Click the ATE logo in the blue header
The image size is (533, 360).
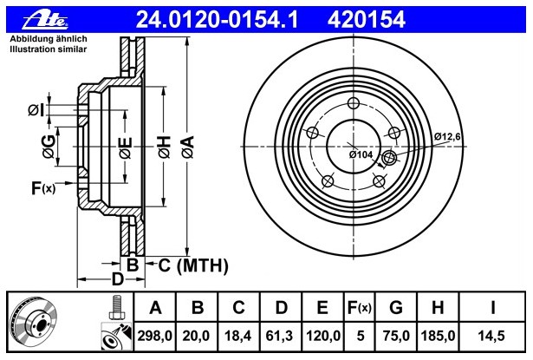pyautogui.click(x=45, y=20)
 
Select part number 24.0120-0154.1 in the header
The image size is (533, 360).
pyautogui.click(x=217, y=19)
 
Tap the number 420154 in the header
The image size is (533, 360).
pyautogui.click(x=367, y=19)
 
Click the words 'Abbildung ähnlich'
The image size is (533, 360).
pyautogui.click(x=49, y=39)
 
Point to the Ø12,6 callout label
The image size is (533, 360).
pyautogui.click(x=447, y=137)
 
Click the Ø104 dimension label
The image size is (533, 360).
pyautogui.click(x=361, y=154)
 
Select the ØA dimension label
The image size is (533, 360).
pyautogui.click(x=188, y=147)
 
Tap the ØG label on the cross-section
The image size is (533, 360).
pyautogui.click(x=49, y=147)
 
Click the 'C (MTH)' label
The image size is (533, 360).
pyautogui.click(x=193, y=265)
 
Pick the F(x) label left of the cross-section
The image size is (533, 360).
pyautogui.click(x=43, y=188)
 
